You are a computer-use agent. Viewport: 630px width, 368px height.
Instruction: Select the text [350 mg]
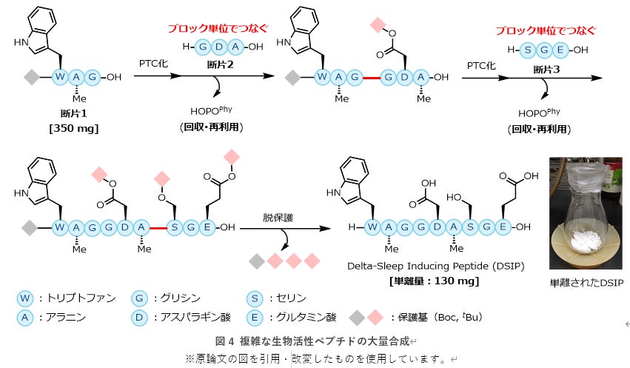click(75, 128)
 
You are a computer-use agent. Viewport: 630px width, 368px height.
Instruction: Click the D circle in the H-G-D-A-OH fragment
click(220, 48)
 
